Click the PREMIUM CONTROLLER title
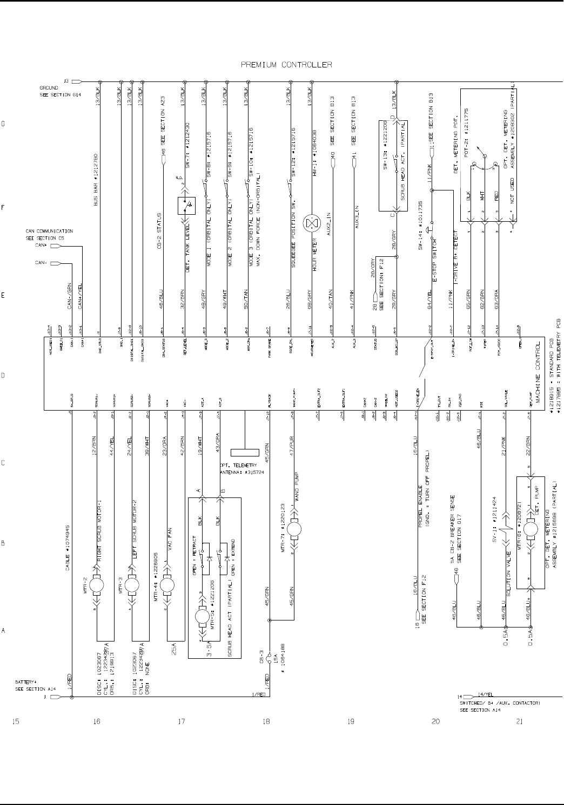pos(286,65)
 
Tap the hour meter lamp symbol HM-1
pos(311,223)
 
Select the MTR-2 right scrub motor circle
pos(97,584)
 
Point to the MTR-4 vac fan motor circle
pos(167,584)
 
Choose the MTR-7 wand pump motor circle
pos(294,529)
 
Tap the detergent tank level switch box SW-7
pos(186,206)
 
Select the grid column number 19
pos(351,722)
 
